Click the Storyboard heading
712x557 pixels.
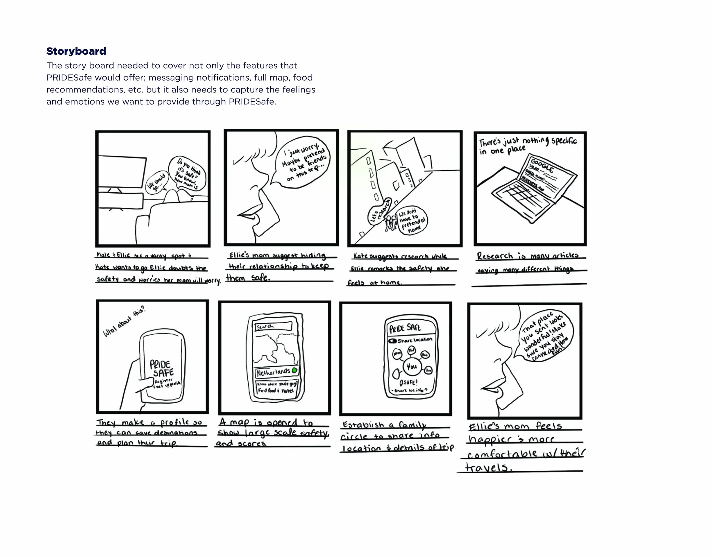pyautogui.click(x=76, y=51)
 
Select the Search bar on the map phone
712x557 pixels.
pyautogui.click(x=273, y=326)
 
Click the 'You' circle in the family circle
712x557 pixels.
pyautogui.click(x=412, y=366)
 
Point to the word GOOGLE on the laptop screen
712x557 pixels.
pyautogui.click(x=542, y=166)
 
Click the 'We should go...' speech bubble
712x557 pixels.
pyautogui.click(x=156, y=182)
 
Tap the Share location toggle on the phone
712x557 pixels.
pyautogui.click(x=392, y=341)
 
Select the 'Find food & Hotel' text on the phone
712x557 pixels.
pyautogui.click(x=276, y=390)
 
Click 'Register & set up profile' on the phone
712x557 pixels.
pyautogui.click(x=167, y=383)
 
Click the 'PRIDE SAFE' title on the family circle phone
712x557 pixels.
pyautogui.click(x=405, y=328)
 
